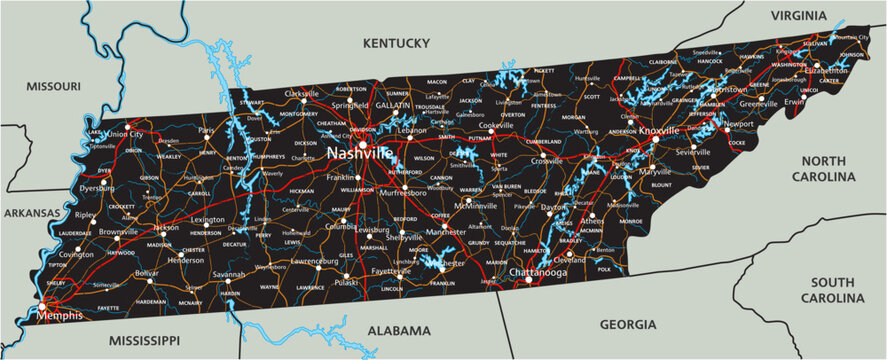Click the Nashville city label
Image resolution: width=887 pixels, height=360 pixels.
pos(359,154)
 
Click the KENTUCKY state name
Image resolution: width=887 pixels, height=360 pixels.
pos(395,43)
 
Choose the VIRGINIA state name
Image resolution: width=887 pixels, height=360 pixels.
pos(798,15)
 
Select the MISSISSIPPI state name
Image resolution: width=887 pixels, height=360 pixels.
pos(143,340)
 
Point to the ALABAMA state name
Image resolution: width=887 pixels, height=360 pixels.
pos(397,330)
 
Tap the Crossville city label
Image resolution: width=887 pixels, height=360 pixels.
pos(547,161)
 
